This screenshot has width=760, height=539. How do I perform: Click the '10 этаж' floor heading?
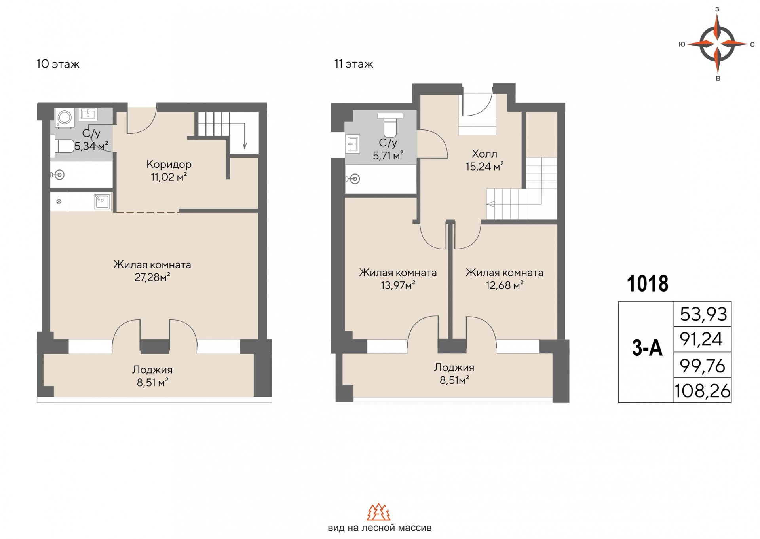[x=58, y=64]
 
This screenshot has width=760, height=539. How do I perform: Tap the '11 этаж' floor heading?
[x=353, y=64]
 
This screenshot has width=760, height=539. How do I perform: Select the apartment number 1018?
[x=648, y=284]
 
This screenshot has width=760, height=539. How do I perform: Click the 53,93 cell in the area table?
[x=703, y=314]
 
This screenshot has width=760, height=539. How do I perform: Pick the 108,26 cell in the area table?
[x=703, y=391]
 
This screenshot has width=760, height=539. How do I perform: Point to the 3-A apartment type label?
[x=647, y=348]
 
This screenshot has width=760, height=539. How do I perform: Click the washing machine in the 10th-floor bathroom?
[x=64, y=118]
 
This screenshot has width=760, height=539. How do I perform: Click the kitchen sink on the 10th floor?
[x=102, y=202]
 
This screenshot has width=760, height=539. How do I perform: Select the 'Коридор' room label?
[x=169, y=164]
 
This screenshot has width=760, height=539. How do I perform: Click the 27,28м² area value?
[x=152, y=277]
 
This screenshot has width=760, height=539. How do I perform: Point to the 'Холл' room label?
[x=484, y=154]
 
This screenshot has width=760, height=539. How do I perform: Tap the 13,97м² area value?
[x=398, y=285]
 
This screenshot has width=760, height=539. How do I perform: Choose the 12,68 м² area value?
[x=505, y=285]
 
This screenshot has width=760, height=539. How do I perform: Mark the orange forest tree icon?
[x=379, y=512]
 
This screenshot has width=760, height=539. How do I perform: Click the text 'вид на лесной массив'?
[x=380, y=528]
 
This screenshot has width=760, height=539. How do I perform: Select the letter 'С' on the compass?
[x=752, y=45]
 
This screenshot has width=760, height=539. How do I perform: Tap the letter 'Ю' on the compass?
[x=682, y=44]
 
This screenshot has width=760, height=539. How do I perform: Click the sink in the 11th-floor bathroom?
[x=353, y=144]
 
